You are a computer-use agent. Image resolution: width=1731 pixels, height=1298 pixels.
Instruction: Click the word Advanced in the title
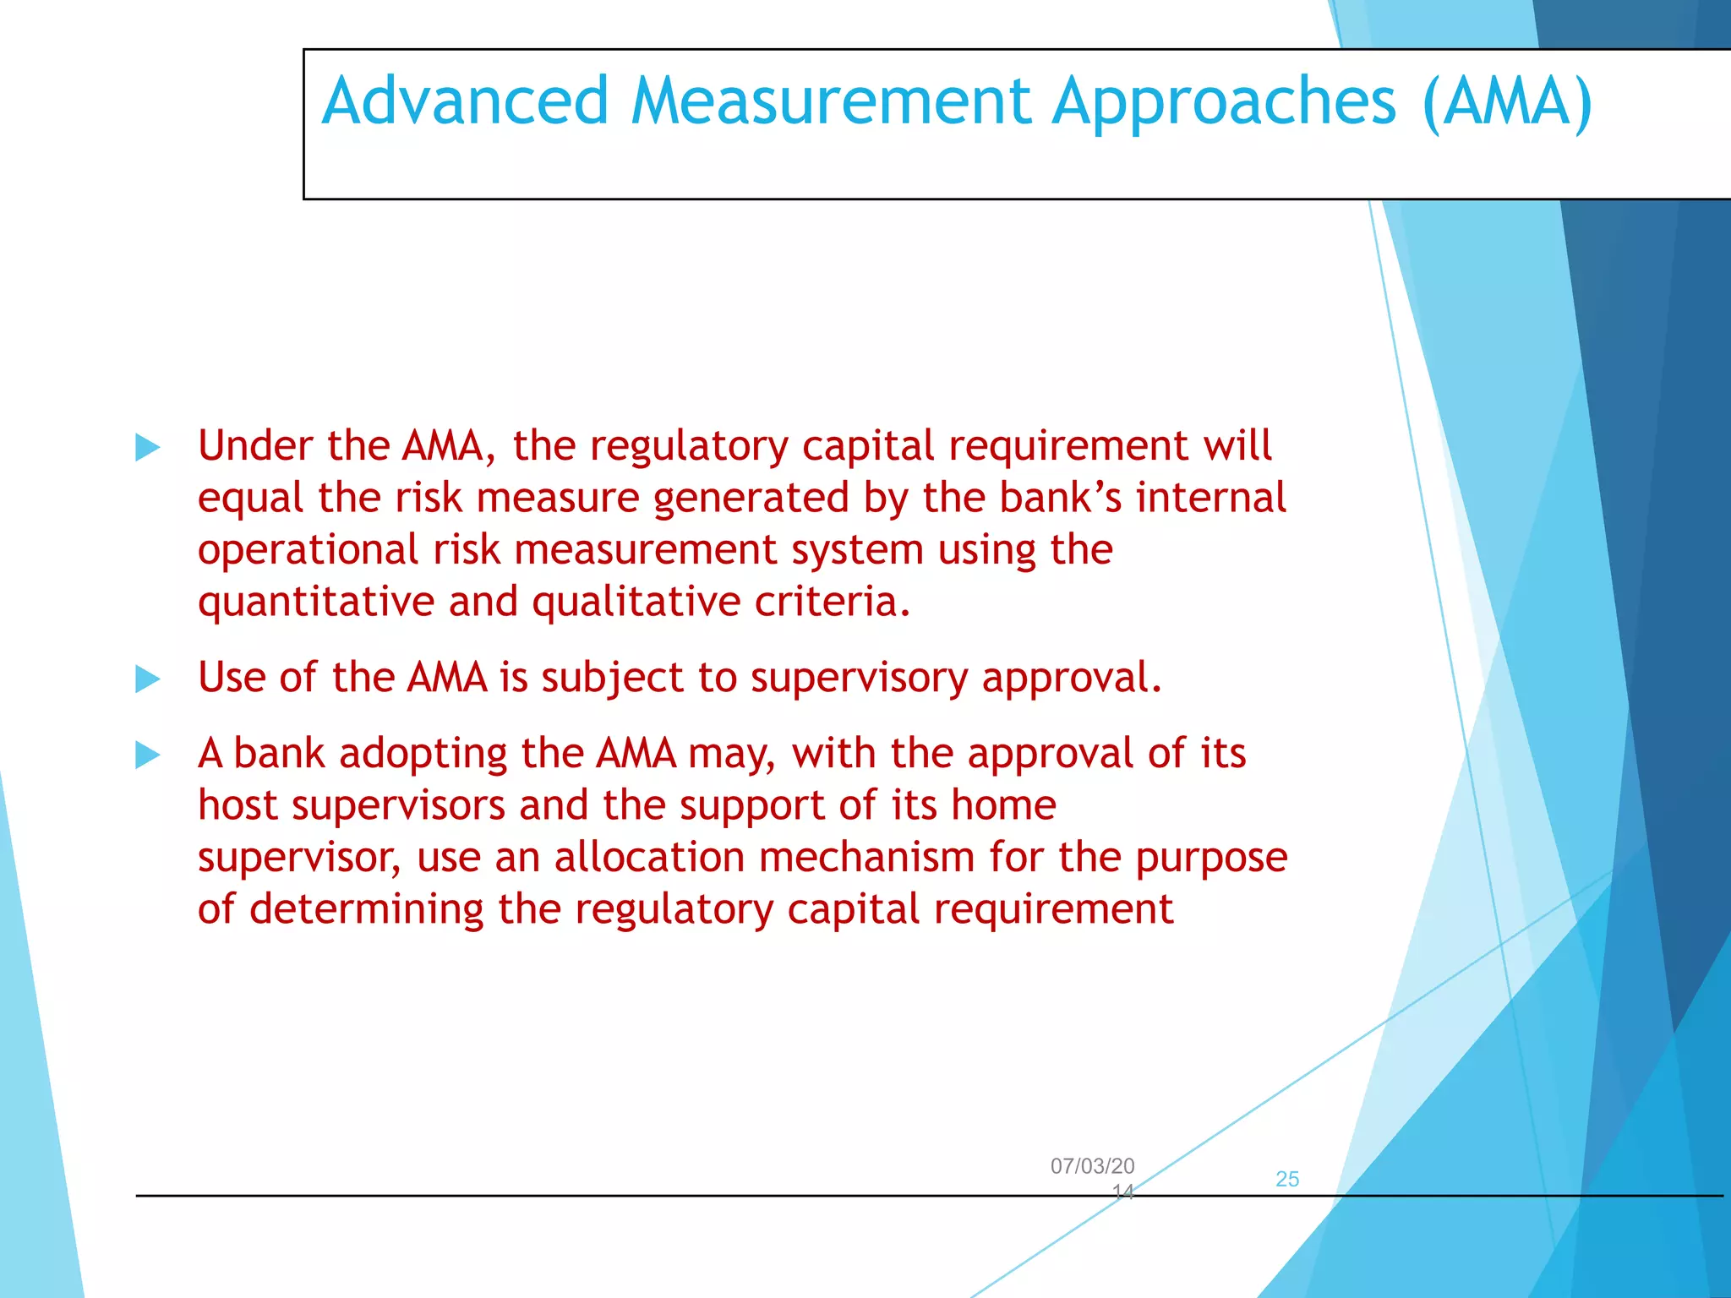[465, 101]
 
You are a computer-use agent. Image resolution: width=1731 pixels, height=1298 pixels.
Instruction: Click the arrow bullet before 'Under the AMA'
[148, 447]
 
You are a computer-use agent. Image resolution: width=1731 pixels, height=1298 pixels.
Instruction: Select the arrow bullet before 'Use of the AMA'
[148, 679]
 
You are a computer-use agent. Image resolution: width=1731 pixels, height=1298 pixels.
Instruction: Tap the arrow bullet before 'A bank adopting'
[148, 755]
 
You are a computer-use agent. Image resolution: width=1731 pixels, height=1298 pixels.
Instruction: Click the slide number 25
[1286, 1179]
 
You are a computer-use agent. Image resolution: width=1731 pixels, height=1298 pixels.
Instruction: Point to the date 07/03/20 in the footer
[1092, 1166]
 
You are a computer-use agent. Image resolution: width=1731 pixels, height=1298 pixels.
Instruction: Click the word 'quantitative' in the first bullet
[315, 603]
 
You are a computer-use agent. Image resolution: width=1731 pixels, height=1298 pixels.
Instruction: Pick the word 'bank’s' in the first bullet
[1060, 498]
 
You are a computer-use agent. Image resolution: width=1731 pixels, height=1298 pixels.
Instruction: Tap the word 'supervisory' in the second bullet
[858, 679]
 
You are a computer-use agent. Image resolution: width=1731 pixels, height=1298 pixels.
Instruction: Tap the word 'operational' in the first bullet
[308, 551]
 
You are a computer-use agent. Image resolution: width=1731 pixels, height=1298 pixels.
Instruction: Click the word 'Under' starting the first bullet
[255, 445]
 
